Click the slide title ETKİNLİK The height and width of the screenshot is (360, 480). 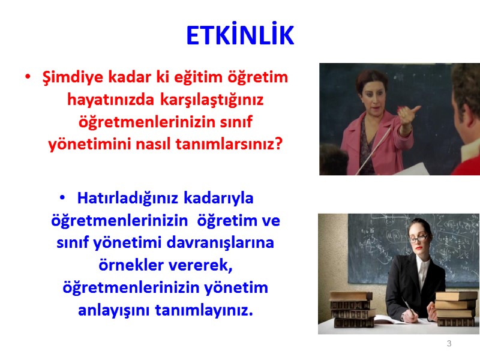(x=240, y=36)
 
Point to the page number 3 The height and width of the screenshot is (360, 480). (x=449, y=343)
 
